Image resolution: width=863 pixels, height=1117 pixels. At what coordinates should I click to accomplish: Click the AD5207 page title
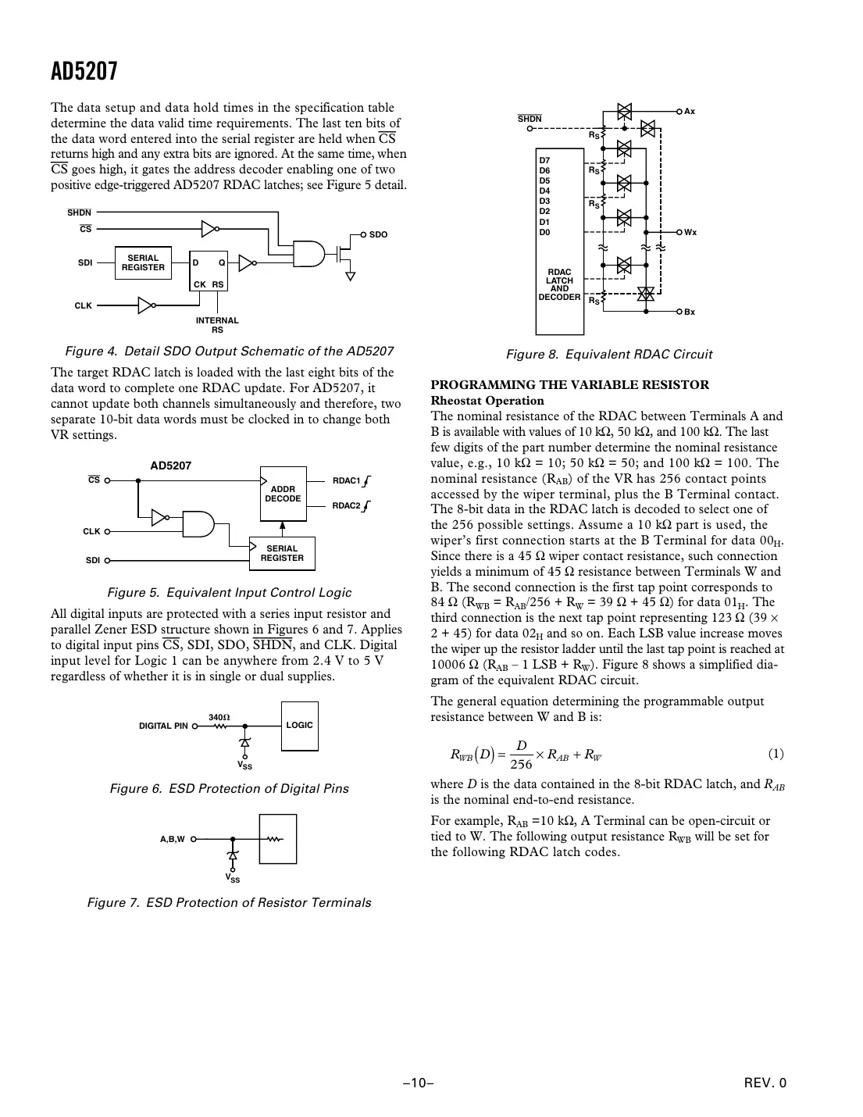click(x=84, y=72)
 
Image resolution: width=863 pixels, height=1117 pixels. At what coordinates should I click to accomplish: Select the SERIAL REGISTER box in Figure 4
click(x=143, y=262)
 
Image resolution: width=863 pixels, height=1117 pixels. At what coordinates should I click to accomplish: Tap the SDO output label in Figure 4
click(x=378, y=234)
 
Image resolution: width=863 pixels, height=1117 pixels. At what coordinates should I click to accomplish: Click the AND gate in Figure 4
click(x=308, y=252)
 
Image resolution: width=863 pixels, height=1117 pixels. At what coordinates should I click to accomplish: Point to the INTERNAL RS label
click(x=217, y=325)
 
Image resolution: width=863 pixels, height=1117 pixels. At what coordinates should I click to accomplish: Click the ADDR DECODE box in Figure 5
click(x=283, y=494)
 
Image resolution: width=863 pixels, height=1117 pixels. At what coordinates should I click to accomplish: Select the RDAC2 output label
click(x=347, y=505)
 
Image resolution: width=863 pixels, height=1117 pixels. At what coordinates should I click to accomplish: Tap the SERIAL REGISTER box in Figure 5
click(x=282, y=553)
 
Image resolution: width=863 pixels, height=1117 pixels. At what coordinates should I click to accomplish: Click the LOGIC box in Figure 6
click(x=299, y=726)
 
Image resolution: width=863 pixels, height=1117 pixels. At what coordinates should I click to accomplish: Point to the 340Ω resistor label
click(x=219, y=716)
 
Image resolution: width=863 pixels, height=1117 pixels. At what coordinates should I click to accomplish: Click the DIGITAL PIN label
click(x=163, y=726)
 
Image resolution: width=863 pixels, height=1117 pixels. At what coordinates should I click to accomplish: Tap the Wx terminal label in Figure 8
click(x=690, y=233)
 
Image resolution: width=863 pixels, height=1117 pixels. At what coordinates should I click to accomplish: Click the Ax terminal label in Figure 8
click(x=689, y=112)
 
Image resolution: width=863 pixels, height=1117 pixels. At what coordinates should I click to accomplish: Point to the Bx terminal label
click(x=689, y=312)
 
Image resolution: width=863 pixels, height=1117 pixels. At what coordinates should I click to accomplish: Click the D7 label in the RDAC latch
click(x=544, y=160)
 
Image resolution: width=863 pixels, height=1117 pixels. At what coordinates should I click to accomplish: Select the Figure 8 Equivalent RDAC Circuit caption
click(x=608, y=354)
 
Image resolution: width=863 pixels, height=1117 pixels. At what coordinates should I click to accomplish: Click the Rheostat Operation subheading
click(x=487, y=400)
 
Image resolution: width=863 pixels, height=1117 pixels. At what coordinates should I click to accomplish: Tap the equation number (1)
click(x=776, y=754)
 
